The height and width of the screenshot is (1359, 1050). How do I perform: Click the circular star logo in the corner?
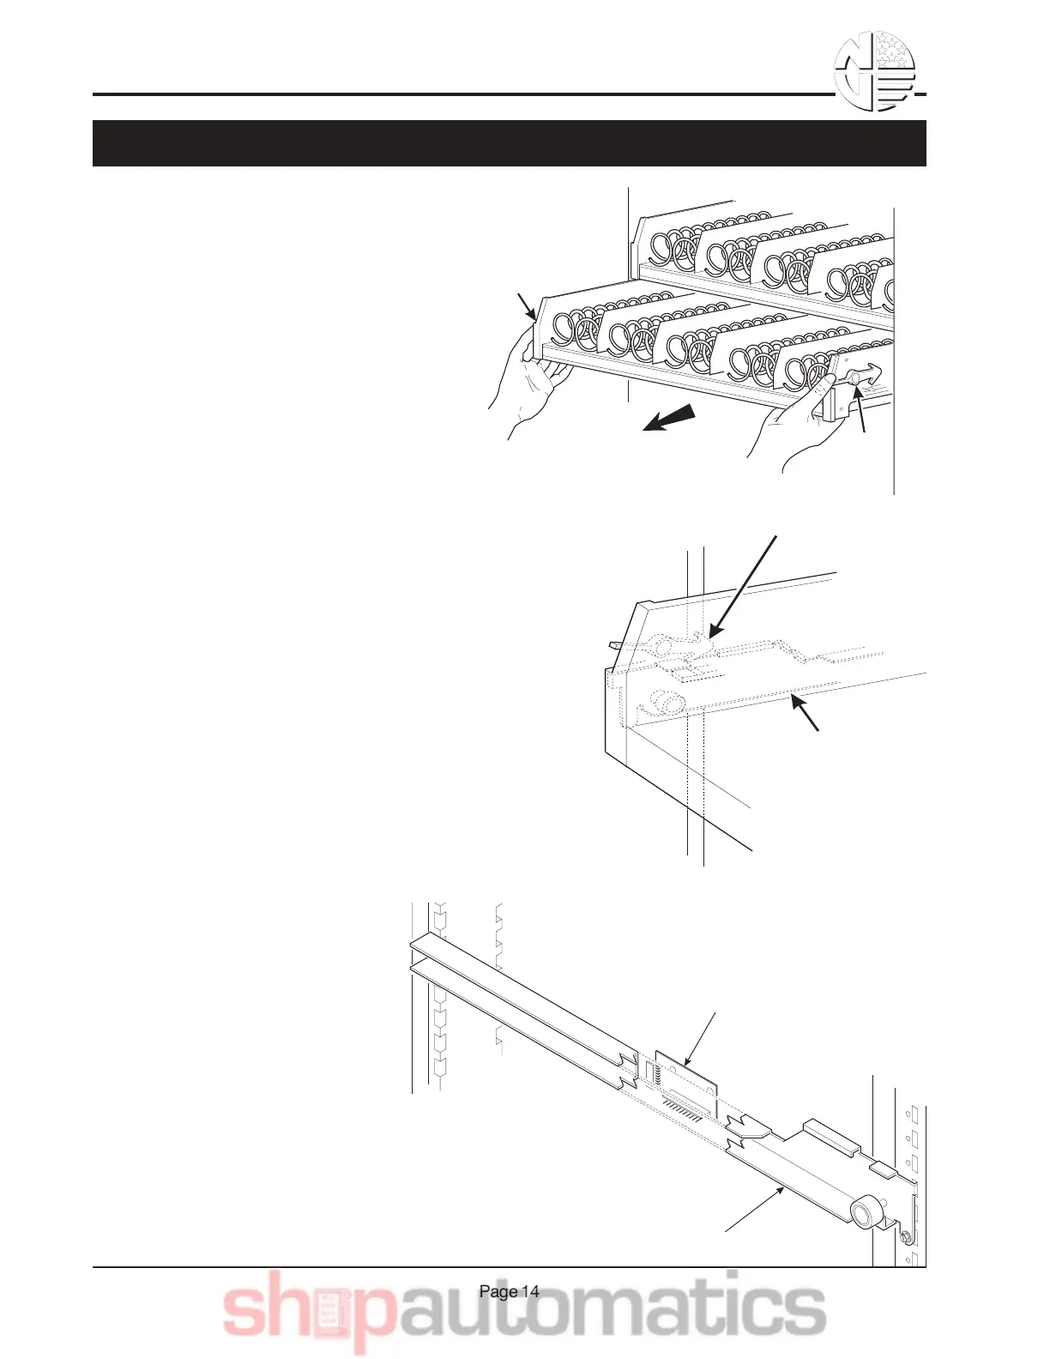[x=876, y=71]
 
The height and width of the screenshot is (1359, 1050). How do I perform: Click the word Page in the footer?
[x=498, y=1291]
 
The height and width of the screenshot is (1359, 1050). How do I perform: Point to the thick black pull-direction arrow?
[x=667, y=420]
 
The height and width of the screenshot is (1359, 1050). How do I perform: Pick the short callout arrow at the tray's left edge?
[x=527, y=307]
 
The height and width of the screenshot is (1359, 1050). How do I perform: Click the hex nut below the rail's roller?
[x=905, y=1237]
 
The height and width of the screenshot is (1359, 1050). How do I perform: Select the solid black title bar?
[x=509, y=142]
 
